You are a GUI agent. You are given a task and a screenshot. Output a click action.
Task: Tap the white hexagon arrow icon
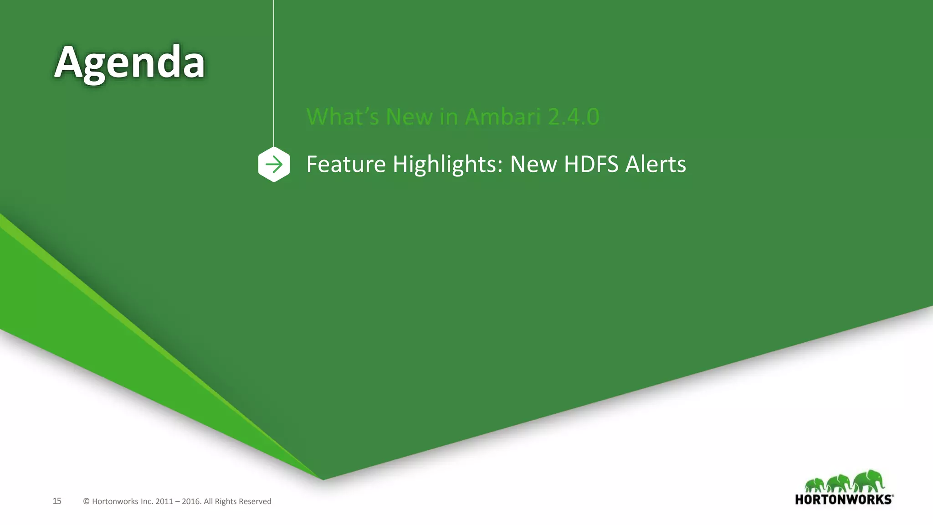274,165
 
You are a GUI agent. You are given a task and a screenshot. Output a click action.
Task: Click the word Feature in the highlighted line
346,164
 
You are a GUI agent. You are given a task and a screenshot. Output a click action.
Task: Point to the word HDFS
591,164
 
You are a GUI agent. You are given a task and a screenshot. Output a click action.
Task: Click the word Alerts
656,164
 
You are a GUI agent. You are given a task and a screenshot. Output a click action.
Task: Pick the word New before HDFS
533,164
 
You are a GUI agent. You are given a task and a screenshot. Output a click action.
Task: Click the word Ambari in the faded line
502,117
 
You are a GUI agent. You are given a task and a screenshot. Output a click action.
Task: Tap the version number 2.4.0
574,117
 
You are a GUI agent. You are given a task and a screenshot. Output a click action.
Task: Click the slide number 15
57,501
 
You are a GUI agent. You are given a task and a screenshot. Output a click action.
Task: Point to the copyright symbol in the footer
86,501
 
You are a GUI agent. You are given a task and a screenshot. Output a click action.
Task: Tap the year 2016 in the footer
191,501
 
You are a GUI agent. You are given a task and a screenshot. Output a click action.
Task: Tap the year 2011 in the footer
164,501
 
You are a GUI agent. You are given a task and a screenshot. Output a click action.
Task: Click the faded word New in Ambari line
409,117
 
